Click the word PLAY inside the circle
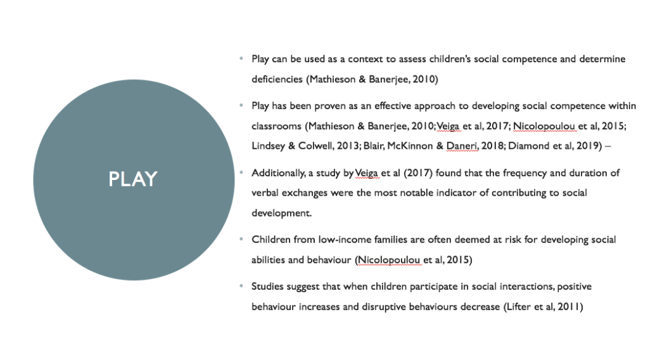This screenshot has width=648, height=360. pyautogui.click(x=132, y=179)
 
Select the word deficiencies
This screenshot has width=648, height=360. pyautogui.click(x=277, y=79)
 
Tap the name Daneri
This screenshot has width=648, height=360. pyautogui.click(x=461, y=146)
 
